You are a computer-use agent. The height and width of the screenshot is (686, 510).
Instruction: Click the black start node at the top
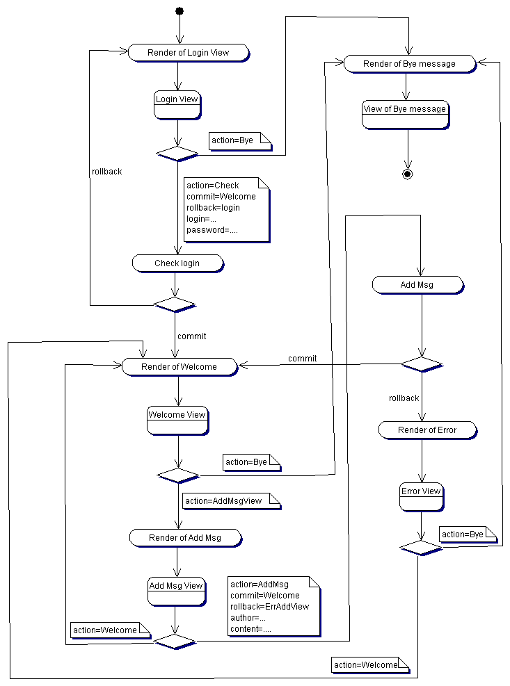179,10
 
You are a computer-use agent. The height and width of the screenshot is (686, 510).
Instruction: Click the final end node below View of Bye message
408,174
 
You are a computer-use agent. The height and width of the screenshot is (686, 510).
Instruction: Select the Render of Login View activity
188,53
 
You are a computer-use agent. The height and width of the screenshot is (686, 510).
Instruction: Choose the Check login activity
177,263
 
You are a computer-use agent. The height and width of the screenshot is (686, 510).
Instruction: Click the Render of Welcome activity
179,367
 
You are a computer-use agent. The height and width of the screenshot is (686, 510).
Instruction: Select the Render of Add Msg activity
184,538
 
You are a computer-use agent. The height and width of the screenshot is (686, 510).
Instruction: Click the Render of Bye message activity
409,64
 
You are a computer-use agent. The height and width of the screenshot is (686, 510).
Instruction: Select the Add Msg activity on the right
417,285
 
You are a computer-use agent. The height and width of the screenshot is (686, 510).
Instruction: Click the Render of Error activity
427,430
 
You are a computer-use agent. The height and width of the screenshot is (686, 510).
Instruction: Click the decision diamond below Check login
175,304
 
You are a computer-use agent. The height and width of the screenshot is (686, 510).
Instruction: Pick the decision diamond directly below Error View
421,548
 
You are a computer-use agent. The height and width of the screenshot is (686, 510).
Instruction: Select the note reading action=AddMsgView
231,501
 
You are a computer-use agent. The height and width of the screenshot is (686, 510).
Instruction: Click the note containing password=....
226,210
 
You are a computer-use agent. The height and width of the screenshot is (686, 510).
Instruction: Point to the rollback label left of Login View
106,172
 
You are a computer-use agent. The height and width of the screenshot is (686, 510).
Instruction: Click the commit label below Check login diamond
192,336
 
